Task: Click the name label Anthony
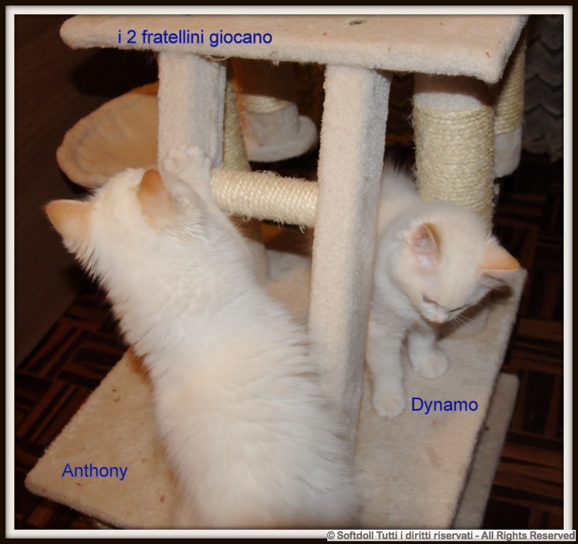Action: (x=95, y=471)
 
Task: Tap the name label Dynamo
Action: (x=445, y=404)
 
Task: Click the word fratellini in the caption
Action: (x=173, y=38)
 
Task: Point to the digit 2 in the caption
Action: (x=131, y=38)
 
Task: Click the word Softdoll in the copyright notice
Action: (x=354, y=535)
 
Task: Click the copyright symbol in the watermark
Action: (x=331, y=535)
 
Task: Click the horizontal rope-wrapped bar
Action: (x=264, y=196)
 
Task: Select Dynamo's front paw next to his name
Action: (x=389, y=402)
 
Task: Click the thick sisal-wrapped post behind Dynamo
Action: (x=454, y=155)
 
